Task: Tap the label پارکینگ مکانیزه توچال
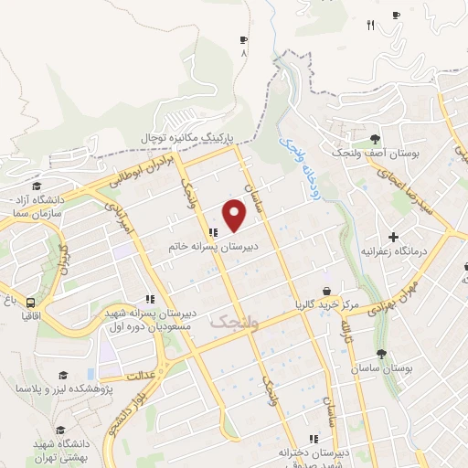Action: tap(187, 137)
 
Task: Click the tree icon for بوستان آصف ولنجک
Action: tap(375, 140)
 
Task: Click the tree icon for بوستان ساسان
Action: tap(380, 355)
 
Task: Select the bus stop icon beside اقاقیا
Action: tap(31, 303)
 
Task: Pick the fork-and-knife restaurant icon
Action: tap(370, 25)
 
